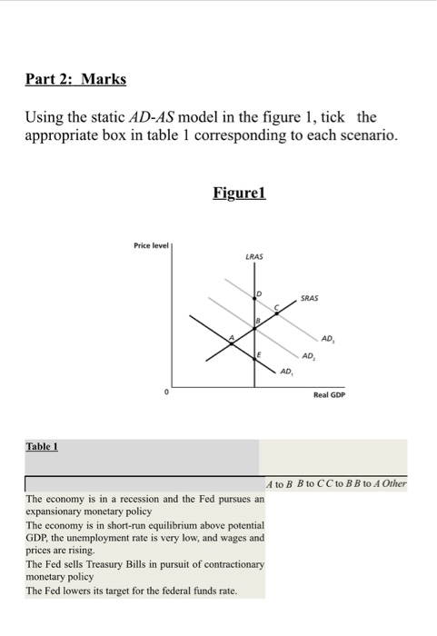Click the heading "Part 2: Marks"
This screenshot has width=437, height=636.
point(75,79)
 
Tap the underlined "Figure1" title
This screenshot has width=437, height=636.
point(238,193)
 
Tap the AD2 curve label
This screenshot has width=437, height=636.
point(309,355)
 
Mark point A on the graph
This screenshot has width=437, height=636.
point(231,336)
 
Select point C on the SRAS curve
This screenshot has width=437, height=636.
point(278,307)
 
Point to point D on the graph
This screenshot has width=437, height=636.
point(258,292)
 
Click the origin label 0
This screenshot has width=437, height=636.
point(166,393)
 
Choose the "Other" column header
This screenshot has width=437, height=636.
point(394,484)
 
